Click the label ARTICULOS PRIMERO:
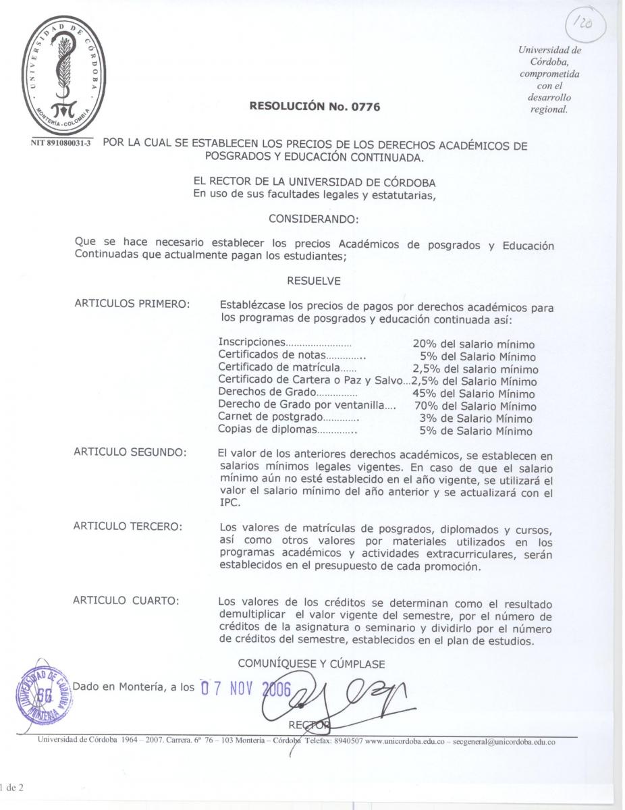[132, 305]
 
